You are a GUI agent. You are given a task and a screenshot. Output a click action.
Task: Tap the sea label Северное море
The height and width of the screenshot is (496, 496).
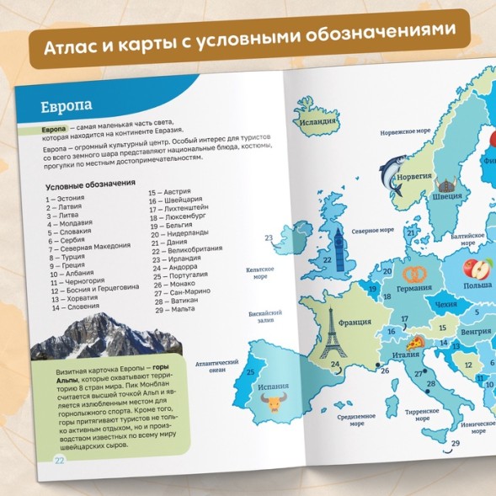click(372, 229)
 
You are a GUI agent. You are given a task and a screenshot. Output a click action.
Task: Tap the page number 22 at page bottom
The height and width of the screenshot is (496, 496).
click(59, 459)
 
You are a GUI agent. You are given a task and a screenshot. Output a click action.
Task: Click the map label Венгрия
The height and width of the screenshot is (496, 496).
click(476, 331)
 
